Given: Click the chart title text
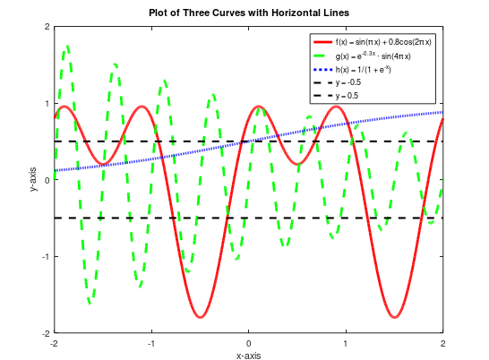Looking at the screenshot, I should coord(249,12).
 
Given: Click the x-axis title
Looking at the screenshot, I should coord(249,355).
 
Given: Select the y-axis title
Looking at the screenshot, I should coord(35,180).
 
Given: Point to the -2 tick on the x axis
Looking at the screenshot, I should coord(55,343).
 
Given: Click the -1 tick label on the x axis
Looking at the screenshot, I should coord(151,343).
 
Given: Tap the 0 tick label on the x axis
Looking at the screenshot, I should coord(249,343).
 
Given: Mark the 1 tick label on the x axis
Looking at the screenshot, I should coord(346,343).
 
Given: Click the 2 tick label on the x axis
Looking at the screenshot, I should coord(442,343).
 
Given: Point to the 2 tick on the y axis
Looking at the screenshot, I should coord(47,27).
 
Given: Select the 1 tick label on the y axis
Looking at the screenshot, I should coord(47,103).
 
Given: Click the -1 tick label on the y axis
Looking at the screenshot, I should coord(46,256).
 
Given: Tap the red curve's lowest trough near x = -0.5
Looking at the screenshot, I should coord(200,317).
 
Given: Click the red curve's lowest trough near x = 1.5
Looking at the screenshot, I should coord(394,317).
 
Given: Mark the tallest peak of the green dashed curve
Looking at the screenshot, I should coord(67,46).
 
